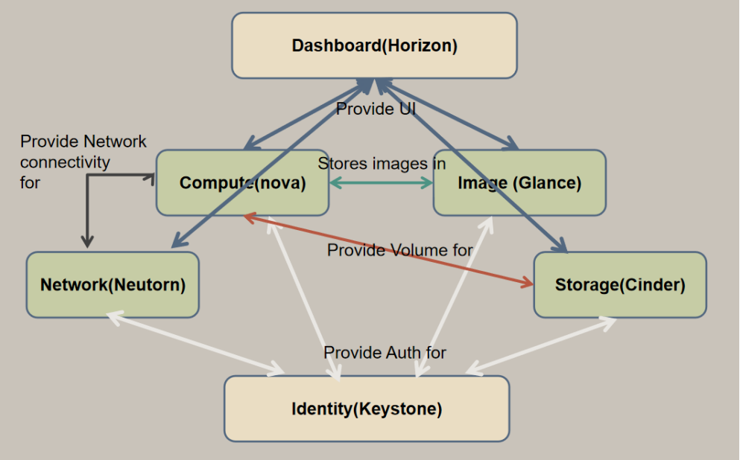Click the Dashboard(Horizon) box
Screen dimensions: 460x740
click(x=374, y=45)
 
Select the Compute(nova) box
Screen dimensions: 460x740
click(x=242, y=183)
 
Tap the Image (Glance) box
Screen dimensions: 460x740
click(x=519, y=183)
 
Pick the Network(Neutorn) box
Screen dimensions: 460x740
click(x=113, y=285)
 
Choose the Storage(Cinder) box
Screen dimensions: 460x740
click(x=620, y=285)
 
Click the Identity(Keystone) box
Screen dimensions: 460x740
click(x=367, y=409)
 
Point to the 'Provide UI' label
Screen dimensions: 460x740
click(x=376, y=109)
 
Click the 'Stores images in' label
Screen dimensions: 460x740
click(x=382, y=163)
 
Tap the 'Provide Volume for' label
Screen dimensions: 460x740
click(x=399, y=250)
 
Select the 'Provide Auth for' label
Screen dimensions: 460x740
click(x=385, y=352)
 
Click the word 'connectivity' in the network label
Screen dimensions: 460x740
click(x=65, y=162)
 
